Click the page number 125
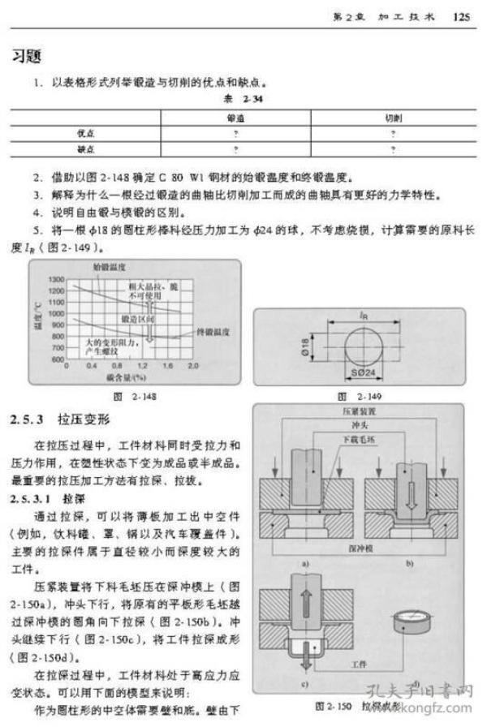coord(462,15)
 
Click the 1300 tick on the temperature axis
coord(55,279)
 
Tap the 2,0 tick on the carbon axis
coord(194,366)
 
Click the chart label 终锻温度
coord(216,333)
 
